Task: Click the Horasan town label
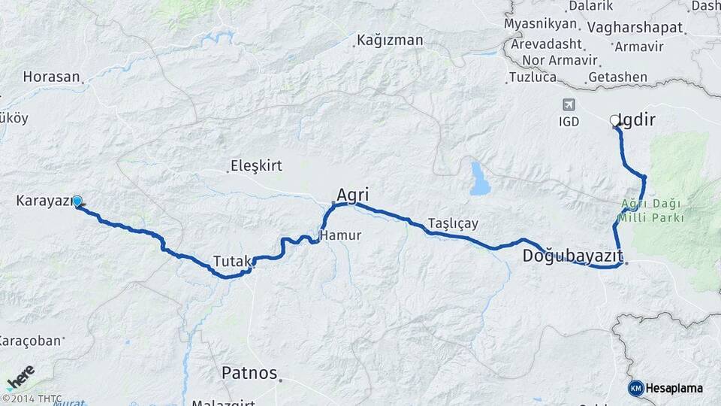point(51,77)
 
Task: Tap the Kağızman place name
point(390,40)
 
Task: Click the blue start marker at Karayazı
point(77,201)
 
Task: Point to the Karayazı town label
point(43,201)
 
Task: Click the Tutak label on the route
point(232,261)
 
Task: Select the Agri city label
point(352,195)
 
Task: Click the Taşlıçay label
point(453,223)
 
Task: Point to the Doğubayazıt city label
point(572,256)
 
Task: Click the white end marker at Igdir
point(614,120)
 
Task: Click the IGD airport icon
point(569,105)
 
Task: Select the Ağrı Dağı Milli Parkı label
point(652,211)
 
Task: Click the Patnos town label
point(249,373)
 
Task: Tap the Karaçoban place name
point(30,341)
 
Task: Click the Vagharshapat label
point(635,28)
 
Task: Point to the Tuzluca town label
point(532,77)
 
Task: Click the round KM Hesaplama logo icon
point(635,388)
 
